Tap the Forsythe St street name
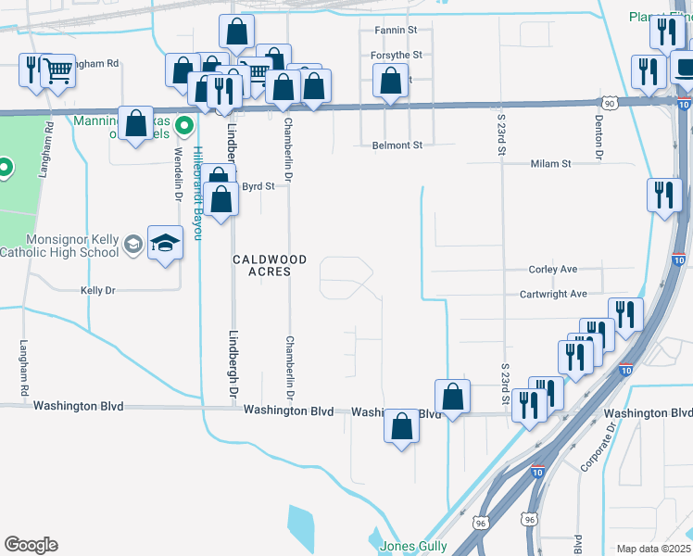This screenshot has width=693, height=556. pos(397,56)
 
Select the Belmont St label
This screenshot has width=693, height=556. pos(397,145)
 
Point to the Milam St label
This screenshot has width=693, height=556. pos(550,164)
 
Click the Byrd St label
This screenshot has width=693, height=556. pos(258,186)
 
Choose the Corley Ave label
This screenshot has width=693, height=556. pos(552,270)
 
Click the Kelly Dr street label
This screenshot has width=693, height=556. pos(97,290)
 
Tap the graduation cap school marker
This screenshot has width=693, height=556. pos(165,243)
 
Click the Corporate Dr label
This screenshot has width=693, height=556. pos(598,447)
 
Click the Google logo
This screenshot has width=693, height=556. pos(31,545)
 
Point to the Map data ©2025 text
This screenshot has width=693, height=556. pos(653,549)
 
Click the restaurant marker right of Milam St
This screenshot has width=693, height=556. pos(664,195)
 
